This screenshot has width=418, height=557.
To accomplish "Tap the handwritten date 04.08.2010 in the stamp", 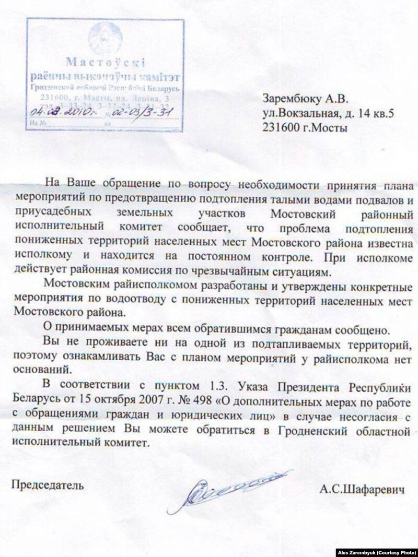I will pos(56,112).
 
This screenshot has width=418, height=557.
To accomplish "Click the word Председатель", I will pos(48,484).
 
